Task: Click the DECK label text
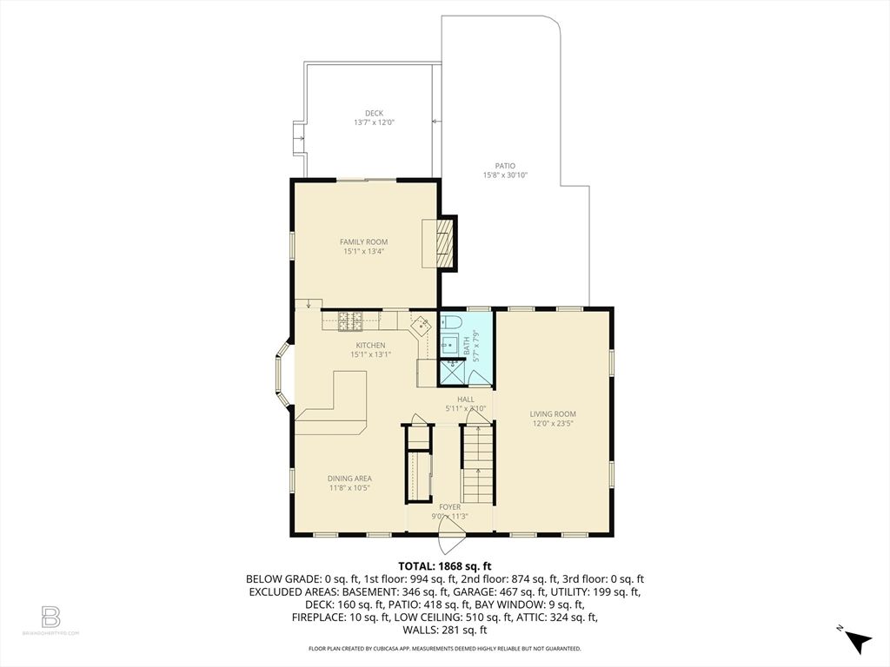(x=374, y=113)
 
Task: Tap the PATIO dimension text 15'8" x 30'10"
(x=505, y=175)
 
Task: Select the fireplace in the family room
(x=444, y=241)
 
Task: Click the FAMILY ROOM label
(x=363, y=242)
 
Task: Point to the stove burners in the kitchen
(x=350, y=321)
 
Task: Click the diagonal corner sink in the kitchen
(x=421, y=326)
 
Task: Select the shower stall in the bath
(x=452, y=373)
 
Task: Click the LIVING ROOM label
(x=553, y=414)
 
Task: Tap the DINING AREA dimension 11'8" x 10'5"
(x=349, y=488)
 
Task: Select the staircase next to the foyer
(x=476, y=460)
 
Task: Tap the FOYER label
(x=450, y=507)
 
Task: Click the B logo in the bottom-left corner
(x=50, y=617)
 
